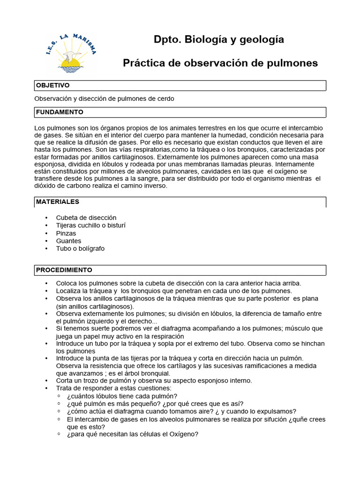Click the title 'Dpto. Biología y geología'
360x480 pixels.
(219, 40)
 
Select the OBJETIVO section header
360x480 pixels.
(53, 86)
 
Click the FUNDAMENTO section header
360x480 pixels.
(60, 112)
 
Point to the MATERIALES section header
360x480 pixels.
(58, 202)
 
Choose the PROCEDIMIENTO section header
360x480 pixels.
(64, 270)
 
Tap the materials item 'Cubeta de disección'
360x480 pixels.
(86, 218)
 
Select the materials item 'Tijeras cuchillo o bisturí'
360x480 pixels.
(91, 225)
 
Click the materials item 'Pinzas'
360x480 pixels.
(66, 233)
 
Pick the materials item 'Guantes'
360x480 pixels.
(68, 241)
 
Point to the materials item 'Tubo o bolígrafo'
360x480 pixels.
(80, 248)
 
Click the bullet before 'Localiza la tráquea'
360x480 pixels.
(46, 291)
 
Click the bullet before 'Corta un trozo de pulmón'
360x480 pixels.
(46, 381)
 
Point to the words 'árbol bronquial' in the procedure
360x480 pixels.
(150, 374)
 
